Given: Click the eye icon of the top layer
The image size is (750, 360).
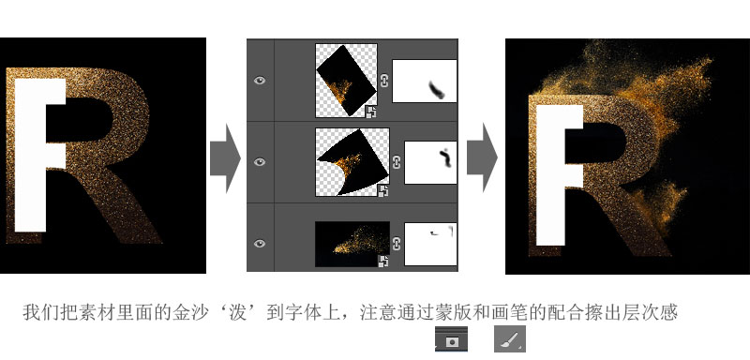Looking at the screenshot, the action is click(x=260, y=81).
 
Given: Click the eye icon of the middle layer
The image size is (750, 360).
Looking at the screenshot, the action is click(x=260, y=162).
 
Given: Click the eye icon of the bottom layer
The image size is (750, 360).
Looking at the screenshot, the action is click(x=260, y=244).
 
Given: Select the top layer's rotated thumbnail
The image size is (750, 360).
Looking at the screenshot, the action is click(x=346, y=81).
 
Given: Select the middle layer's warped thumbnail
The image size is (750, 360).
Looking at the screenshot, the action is click(x=352, y=162).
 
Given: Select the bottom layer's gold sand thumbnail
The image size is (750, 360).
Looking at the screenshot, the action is click(x=352, y=244).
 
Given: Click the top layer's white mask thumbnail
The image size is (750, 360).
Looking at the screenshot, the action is click(x=425, y=81).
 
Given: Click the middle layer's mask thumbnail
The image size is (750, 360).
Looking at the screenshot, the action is click(x=430, y=162).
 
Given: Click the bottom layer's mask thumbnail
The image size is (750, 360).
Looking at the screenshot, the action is click(x=430, y=244).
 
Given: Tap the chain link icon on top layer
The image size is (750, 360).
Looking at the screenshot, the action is click(x=384, y=81).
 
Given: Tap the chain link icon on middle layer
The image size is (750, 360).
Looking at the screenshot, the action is click(x=397, y=162).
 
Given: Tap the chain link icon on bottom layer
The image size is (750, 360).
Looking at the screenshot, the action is click(x=397, y=244).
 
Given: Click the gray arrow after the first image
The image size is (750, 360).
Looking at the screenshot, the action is click(x=225, y=157).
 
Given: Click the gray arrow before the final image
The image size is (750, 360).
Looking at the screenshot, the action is click(x=482, y=157).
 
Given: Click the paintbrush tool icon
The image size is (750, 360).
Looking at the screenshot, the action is click(x=510, y=338).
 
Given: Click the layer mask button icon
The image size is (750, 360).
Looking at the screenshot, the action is click(x=451, y=339).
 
